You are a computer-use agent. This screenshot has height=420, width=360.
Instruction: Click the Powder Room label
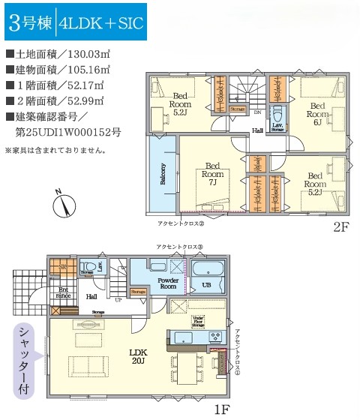click(x=166, y=282)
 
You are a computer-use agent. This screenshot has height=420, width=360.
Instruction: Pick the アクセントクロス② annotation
click(x=181, y=223)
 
